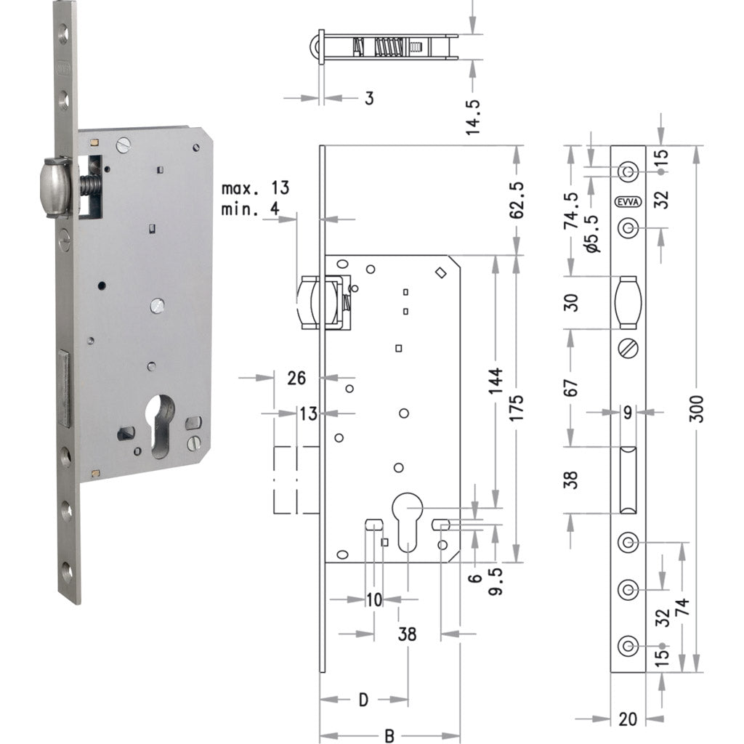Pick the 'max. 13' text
tap(255, 188)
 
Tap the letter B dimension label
tap(389, 735)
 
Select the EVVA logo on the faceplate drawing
tap(627, 203)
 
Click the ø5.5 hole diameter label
tap(591, 234)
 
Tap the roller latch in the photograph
tap(57, 187)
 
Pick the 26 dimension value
tap(297, 377)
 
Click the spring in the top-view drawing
tap(385, 48)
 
